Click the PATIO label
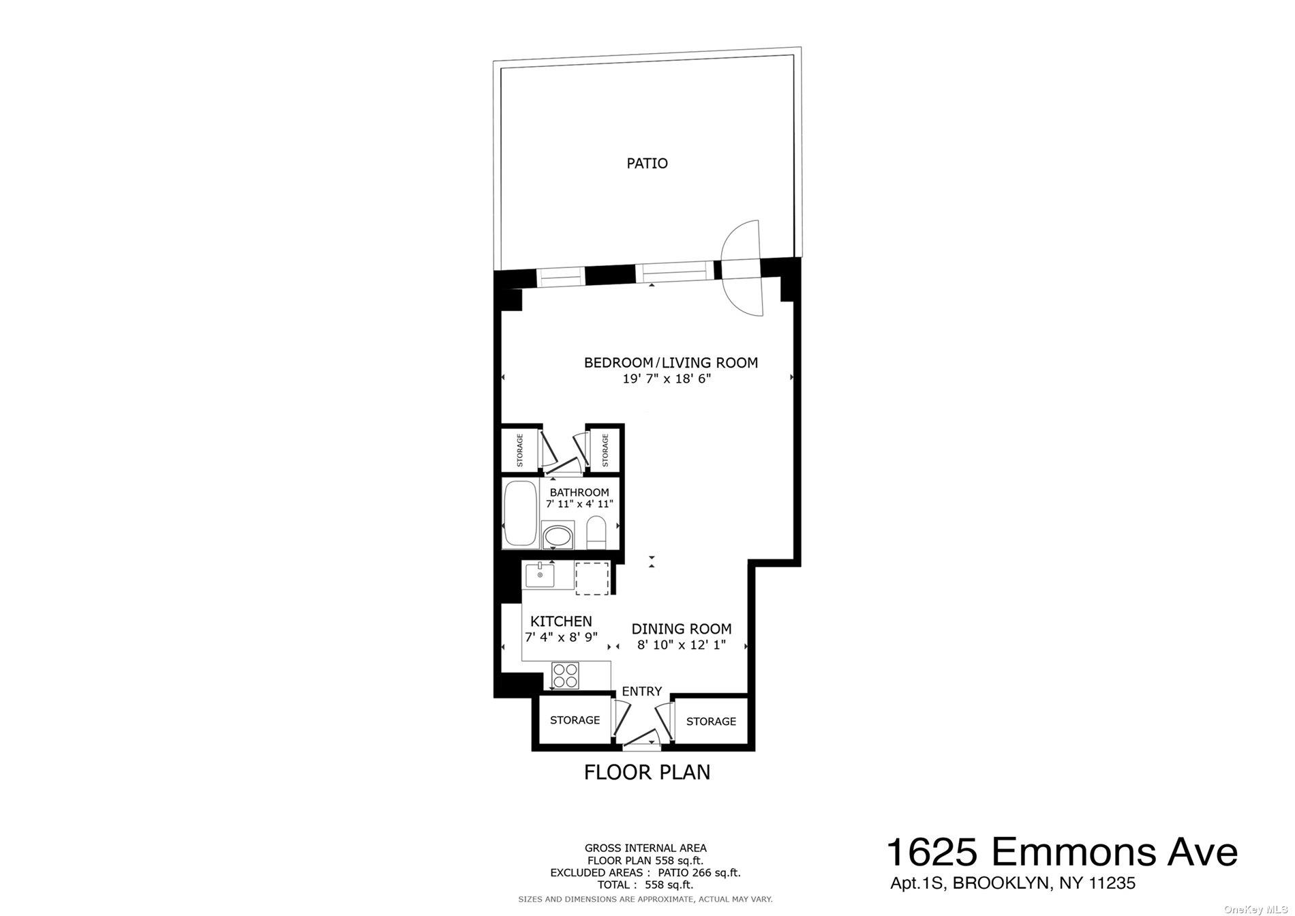tap(647, 163)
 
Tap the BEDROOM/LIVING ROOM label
tap(671, 363)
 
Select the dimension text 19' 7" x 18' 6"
tap(666, 379)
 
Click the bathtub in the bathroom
tap(520, 514)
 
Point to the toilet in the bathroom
tap(596, 532)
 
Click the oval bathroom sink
tap(558, 535)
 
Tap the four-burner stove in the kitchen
tap(565, 675)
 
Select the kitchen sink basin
tap(538, 574)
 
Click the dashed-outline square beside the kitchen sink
tap(592, 578)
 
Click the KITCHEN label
tap(561, 621)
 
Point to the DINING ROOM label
tap(681, 629)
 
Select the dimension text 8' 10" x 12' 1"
tap(681, 645)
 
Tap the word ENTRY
tap(641, 692)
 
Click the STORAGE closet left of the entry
tap(575, 720)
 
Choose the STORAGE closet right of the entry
tap(711, 722)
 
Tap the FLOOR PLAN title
tap(647, 772)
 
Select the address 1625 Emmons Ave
tap(1061, 853)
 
